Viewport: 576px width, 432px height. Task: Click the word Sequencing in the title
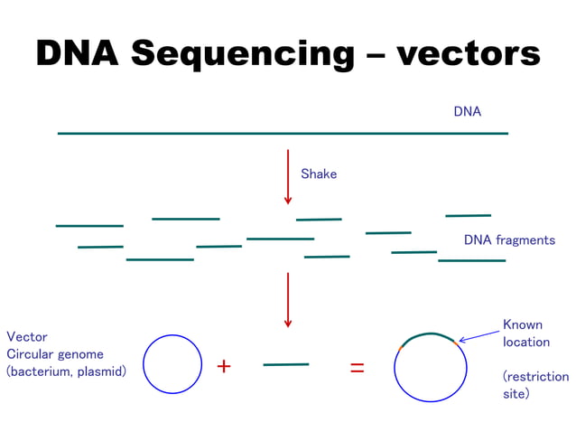click(x=242, y=54)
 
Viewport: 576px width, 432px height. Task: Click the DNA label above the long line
click(x=467, y=112)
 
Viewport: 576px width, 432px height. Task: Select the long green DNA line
click(x=283, y=134)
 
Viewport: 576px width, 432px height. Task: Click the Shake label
click(x=319, y=174)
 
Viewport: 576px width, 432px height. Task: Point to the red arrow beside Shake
click(x=288, y=176)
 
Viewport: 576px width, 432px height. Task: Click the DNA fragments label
click(x=509, y=240)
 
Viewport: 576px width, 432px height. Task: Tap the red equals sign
click(x=358, y=368)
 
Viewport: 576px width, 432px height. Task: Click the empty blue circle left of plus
click(x=172, y=363)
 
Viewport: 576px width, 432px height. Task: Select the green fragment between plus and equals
click(x=286, y=365)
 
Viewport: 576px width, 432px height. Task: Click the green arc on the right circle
click(x=429, y=335)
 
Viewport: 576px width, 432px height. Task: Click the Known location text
click(x=525, y=333)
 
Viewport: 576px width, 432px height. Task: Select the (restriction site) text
click(x=534, y=385)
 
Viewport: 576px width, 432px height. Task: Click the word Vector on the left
click(x=27, y=336)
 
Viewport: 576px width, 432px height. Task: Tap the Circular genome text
click(x=55, y=354)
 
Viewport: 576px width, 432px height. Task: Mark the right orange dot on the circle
click(x=456, y=343)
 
